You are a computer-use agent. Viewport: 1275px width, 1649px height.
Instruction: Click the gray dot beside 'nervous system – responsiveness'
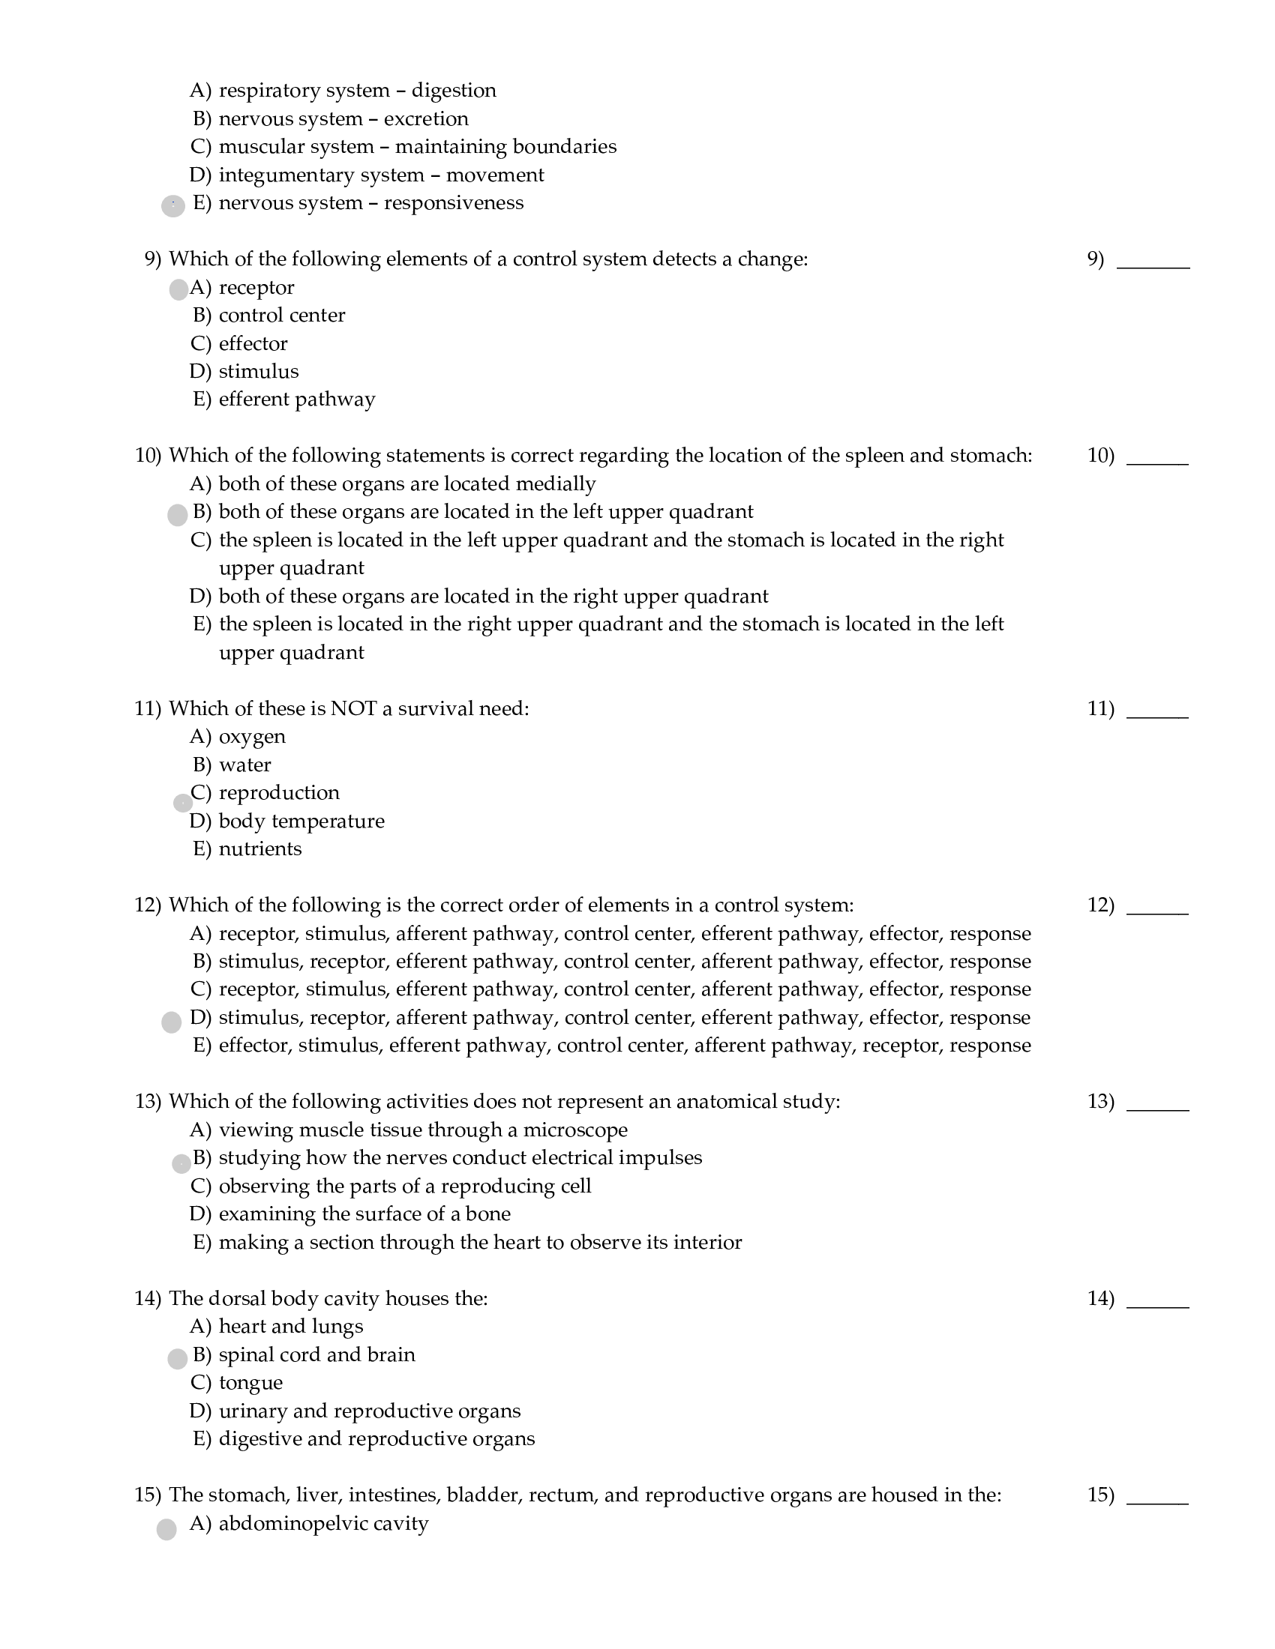173,206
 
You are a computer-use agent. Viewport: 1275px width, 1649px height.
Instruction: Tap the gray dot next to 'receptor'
178,290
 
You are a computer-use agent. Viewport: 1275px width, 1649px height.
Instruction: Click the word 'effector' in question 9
253,343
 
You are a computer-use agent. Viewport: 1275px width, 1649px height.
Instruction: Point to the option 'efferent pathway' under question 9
297,400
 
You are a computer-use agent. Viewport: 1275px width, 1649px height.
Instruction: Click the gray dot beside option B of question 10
177,516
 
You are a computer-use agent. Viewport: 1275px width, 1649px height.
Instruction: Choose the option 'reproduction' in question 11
279,793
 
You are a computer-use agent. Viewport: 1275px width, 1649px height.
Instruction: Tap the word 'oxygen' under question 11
252,737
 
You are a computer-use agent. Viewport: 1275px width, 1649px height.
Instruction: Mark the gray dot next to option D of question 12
172,1022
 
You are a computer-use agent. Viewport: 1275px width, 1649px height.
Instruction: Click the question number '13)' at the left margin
148,1102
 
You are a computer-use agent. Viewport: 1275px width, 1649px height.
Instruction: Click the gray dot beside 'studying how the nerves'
181,1163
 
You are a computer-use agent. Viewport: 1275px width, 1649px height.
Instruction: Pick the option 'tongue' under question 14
250,1382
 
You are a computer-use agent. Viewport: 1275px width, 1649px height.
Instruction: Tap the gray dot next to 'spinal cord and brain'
177,1359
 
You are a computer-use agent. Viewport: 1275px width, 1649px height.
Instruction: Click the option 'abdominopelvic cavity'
323,1524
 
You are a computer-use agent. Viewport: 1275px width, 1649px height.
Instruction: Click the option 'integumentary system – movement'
381,175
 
